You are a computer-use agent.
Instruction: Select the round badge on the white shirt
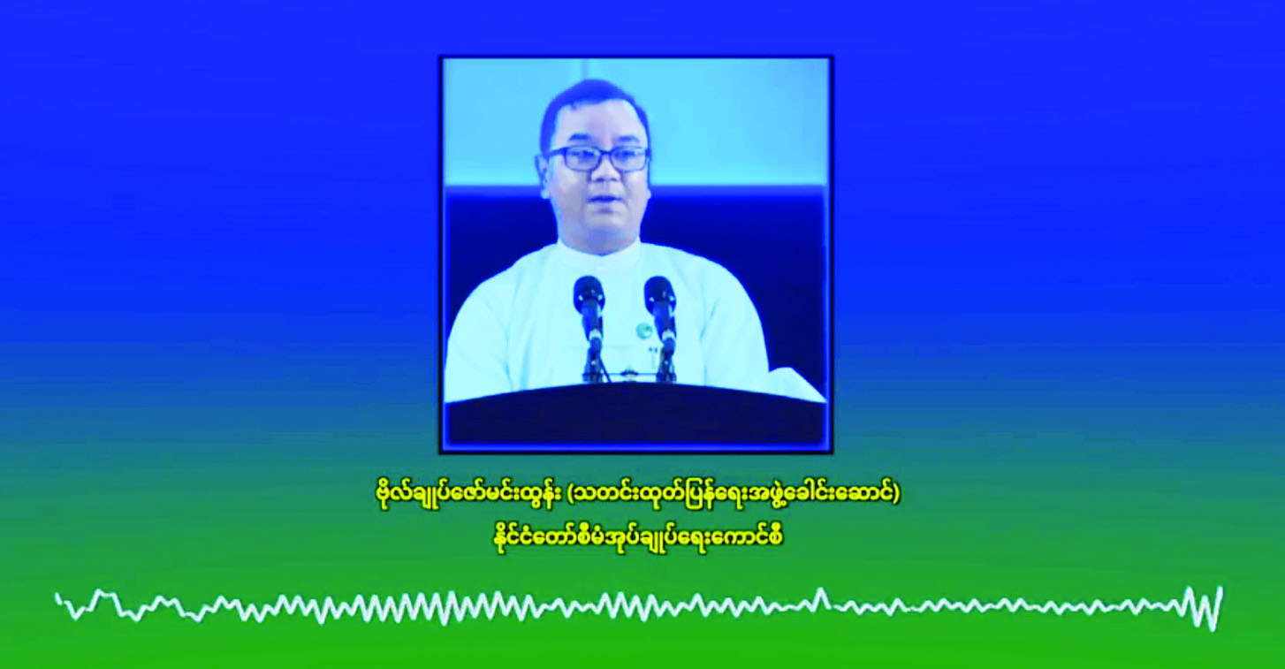coord(643,330)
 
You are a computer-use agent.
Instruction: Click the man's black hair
coord(593,104)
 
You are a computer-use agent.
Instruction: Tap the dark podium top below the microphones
coord(635,419)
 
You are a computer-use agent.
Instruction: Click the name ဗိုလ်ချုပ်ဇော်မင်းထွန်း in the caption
coord(465,495)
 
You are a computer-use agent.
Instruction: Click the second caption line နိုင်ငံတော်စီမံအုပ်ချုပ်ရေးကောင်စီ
coord(634,539)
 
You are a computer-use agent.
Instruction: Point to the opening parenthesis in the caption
coord(570,495)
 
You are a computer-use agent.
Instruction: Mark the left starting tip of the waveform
coord(57,597)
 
